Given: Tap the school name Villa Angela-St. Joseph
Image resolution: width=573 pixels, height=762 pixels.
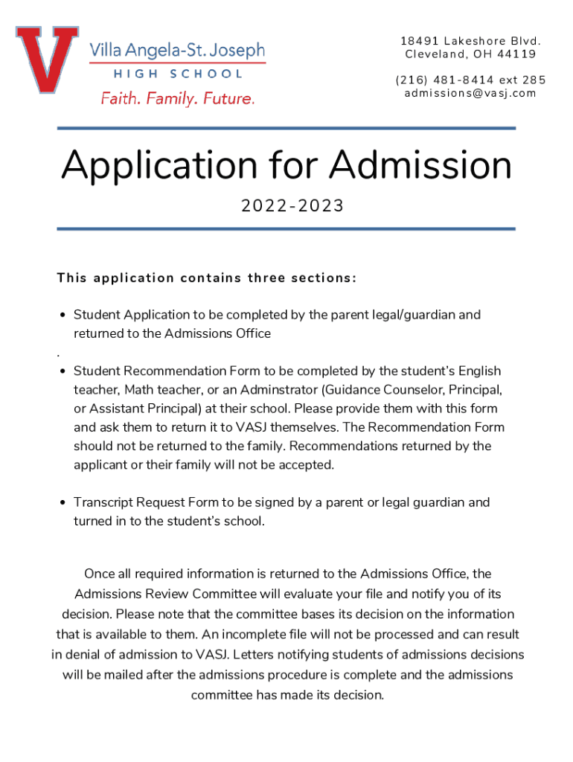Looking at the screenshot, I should click(x=177, y=51).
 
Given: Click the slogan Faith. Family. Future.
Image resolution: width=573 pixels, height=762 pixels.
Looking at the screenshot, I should click(x=178, y=98).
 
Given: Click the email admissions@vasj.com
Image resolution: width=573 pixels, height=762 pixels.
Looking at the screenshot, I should click(x=470, y=93).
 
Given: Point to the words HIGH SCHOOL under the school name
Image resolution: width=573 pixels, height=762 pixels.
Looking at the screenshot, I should click(x=178, y=74).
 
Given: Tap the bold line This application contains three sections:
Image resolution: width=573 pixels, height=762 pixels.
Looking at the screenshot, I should click(x=207, y=278).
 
